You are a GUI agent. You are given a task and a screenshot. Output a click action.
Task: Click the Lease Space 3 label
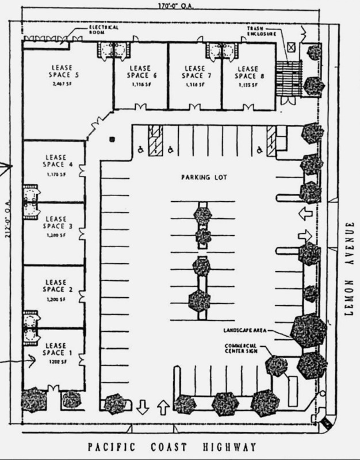pos(56,222)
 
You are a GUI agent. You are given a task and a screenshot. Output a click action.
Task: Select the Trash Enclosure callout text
pos(263,31)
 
